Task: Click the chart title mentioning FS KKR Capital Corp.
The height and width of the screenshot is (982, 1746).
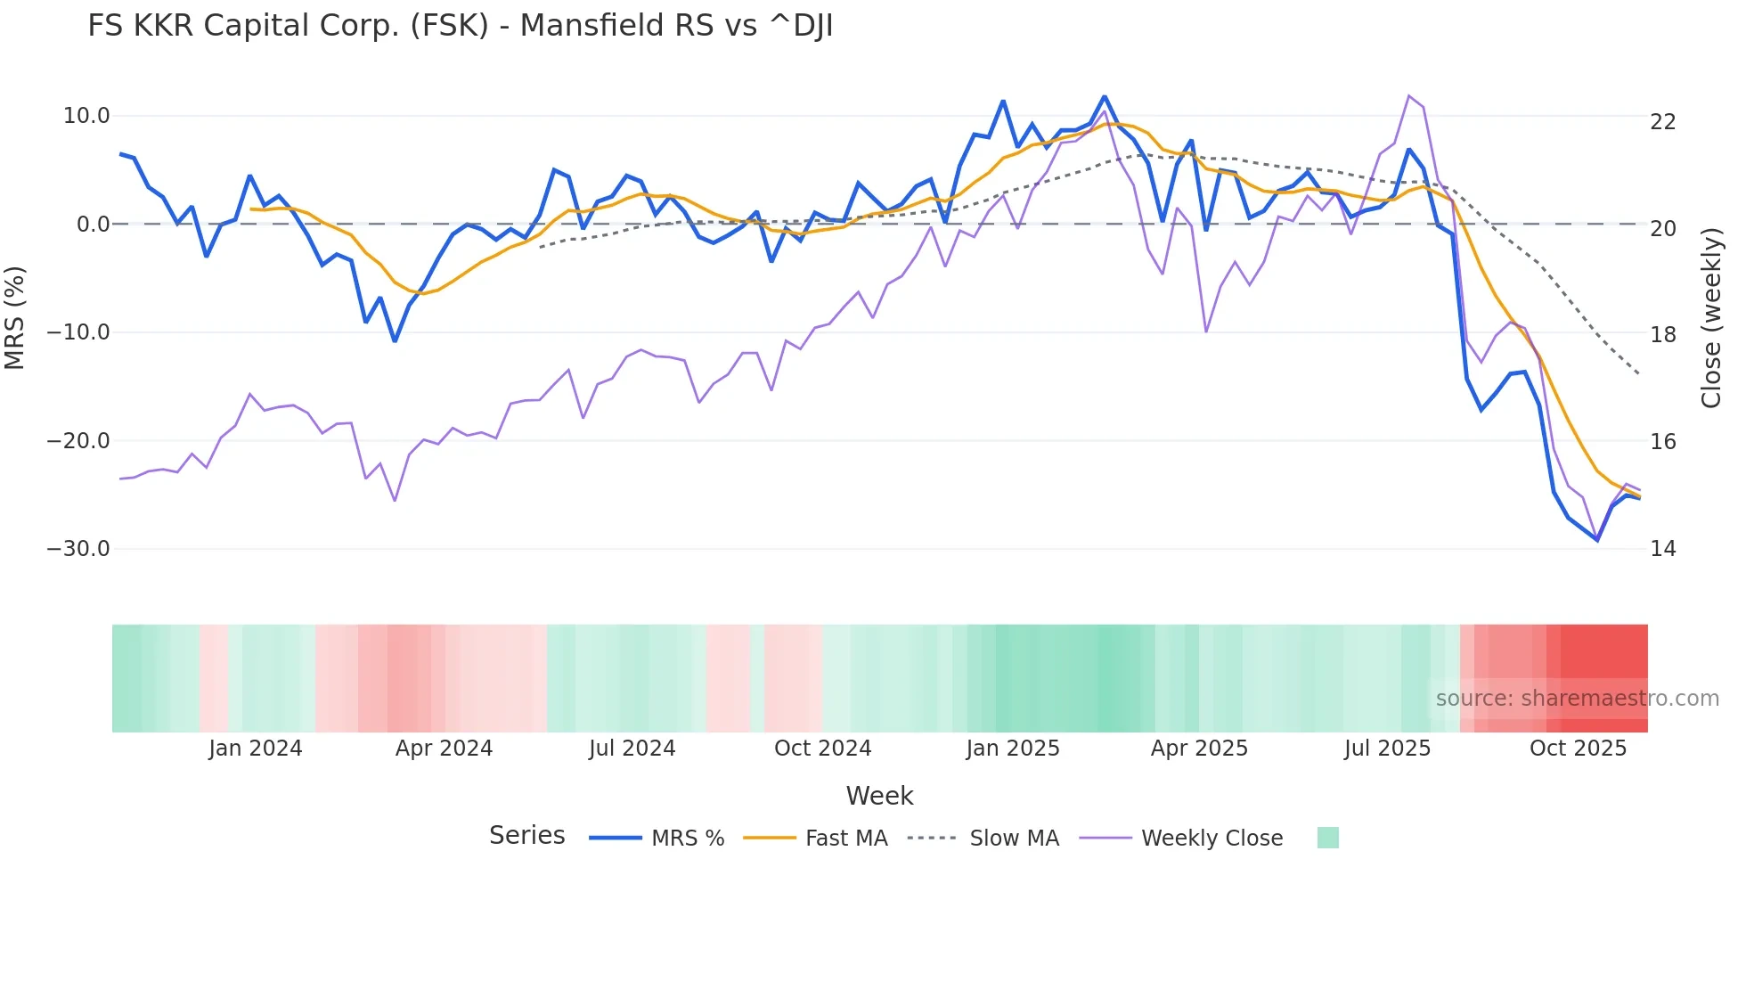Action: click(x=460, y=26)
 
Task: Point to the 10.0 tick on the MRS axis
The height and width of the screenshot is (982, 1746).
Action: click(x=86, y=116)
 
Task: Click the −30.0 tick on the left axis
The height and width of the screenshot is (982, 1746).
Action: click(x=78, y=549)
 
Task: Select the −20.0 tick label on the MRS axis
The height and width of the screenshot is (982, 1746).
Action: click(x=78, y=441)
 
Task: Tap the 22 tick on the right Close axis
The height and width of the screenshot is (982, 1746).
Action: click(x=1662, y=122)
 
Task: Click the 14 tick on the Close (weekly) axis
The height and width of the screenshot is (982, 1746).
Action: click(x=1662, y=549)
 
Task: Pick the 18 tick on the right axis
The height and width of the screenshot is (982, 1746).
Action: click(x=1662, y=335)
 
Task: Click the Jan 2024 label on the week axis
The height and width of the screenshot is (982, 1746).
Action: click(x=256, y=749)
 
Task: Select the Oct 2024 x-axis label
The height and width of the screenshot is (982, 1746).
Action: click(x=822, y=749)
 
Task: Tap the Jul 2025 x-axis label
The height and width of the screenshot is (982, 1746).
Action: click(x=1387, y=749)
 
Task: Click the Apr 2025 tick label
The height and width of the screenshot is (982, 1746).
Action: click(x=1199, y=749)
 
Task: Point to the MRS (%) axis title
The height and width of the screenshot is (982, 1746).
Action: click(x=15, y=318)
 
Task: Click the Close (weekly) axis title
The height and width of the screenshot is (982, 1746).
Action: click(x=1711, y=318)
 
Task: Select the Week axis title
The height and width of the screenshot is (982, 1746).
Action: click(x=879, y=796)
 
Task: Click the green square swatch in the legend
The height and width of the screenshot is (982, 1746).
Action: click(x=1327, y=838)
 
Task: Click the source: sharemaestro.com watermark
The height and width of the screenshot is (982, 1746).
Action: click(x=1577, y=699)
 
